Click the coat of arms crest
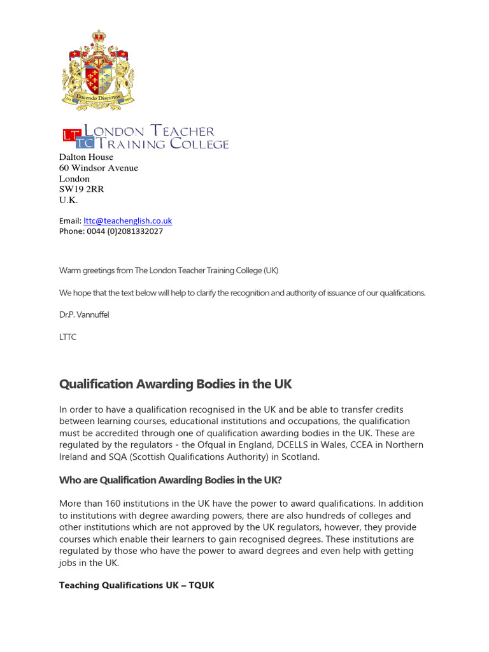coord(98,70)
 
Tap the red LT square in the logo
coord(69,134)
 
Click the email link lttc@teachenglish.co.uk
coord(128,221)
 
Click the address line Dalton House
coord(86,157)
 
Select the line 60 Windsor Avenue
coord(98,168)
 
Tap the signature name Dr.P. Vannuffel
coord(84,315)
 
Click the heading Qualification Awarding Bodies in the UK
coord(175,384)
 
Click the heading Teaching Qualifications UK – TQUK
coord(136,585)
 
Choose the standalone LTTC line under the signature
coord(67,337)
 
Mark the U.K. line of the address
coord(68,200)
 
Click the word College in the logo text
coord(198,145)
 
